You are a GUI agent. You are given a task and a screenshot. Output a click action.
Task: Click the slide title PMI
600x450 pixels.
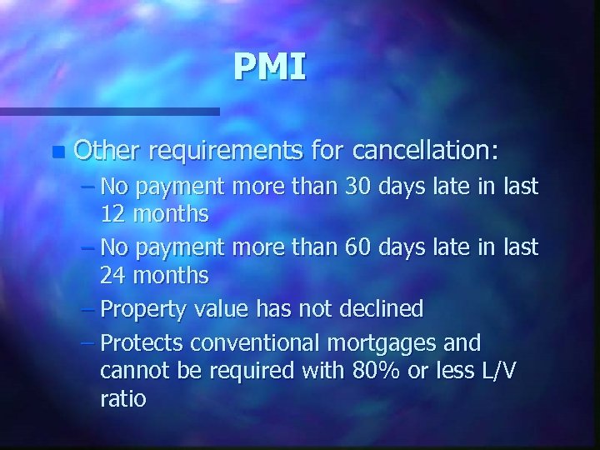click(x=270, y=67)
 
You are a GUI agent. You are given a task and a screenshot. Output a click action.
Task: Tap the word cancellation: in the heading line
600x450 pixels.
click(x=426, y=150)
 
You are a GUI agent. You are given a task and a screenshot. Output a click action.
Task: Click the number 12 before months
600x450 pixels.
click(x=114, y=214)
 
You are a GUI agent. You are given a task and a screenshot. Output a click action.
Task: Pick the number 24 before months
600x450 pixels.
click(x=114, y=274)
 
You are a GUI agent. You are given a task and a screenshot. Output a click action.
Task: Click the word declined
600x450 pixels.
click(x=381, y=309)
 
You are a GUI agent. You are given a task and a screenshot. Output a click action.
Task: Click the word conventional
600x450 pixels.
click(x=260, y=342)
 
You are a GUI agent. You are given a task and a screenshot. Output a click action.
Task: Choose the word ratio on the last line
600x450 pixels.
click(x=122, y=399)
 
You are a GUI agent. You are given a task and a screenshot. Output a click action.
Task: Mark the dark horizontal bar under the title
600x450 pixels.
click(x=109, y=111)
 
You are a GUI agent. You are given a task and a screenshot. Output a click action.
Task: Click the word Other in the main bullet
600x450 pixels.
click(x=107, y=150)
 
